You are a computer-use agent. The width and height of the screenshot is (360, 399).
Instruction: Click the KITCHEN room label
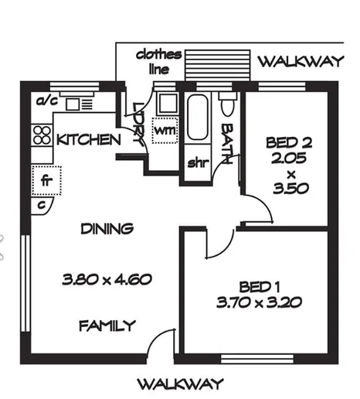(88, 140)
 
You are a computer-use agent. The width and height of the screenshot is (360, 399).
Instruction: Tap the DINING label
(107, 228)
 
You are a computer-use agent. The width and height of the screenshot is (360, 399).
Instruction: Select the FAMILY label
(107, 326)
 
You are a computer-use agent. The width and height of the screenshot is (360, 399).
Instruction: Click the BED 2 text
(287, 142)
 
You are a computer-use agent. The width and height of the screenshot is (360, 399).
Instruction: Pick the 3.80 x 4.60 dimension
(106, 279)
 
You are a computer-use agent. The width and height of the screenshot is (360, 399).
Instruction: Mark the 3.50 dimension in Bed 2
(288, 187)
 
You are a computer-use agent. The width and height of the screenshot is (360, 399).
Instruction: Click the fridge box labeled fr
(46, 181)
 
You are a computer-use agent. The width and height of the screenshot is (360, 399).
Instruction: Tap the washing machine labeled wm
(164, 131)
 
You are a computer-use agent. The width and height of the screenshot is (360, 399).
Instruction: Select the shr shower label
(197, 164)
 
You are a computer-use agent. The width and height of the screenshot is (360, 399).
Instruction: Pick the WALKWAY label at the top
(299, 62)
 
